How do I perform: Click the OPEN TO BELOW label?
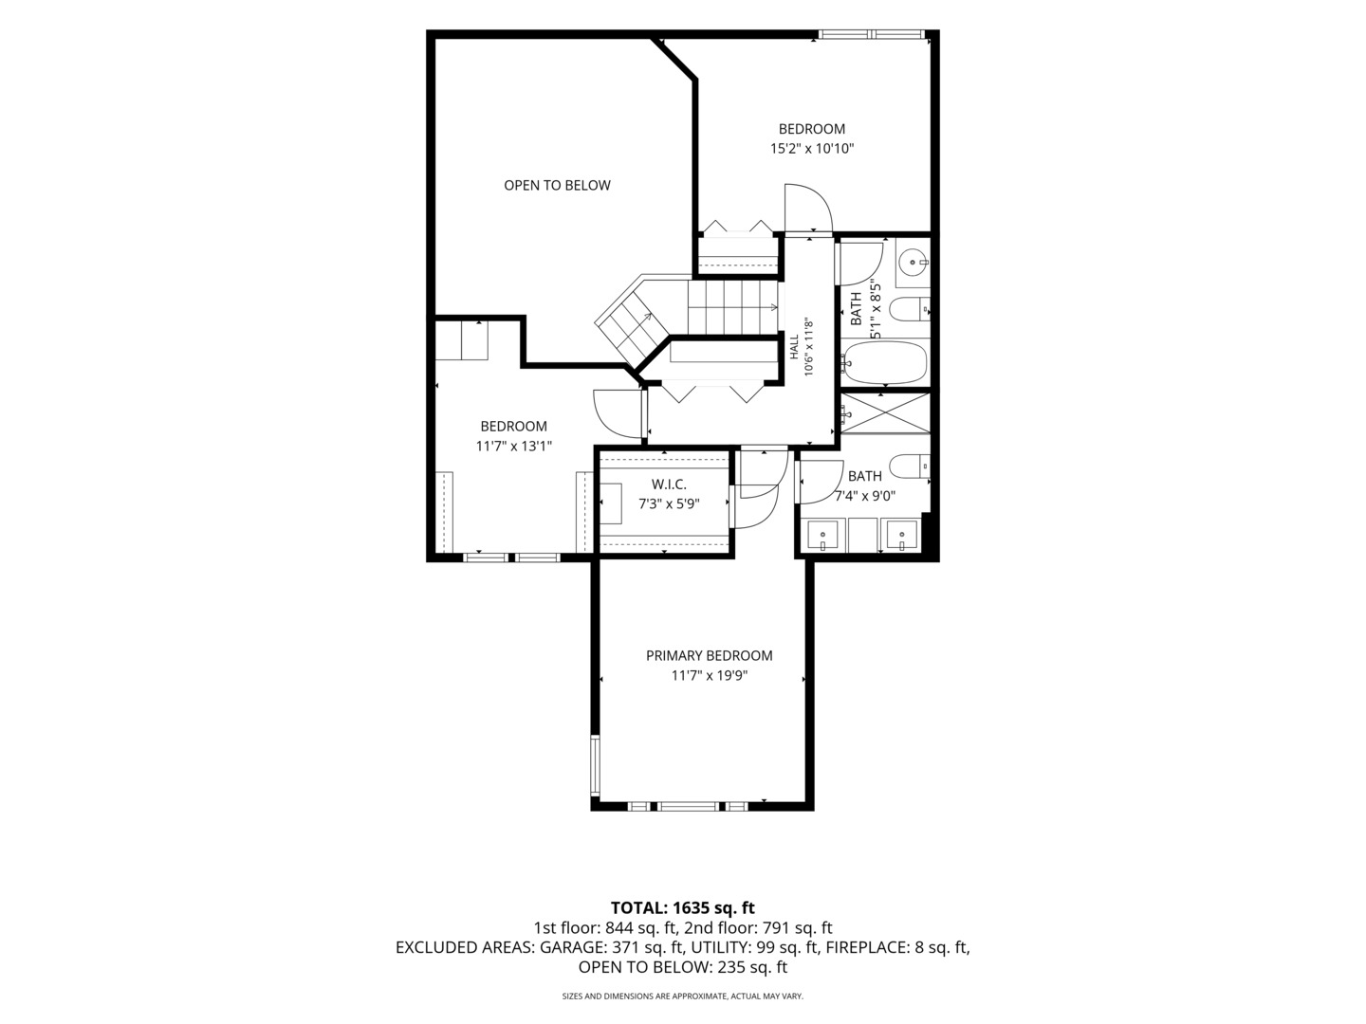pyautogui.click(x=557, y=185)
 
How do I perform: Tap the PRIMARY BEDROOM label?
pyautogui.click(x=709, y=655)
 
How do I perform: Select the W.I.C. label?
pyautogui.click(x=669, y=484)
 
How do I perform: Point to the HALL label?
pyautogui.click(x=795, y=347)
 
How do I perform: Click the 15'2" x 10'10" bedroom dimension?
pyautogui.click(x=811, y=149)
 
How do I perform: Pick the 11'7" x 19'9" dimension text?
pyautogui.click(x=709, y=675)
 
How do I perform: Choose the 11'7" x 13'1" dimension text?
pyautogui.click(x=514, y=446)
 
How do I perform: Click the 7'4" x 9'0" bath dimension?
pyautogui.click(x=864, y=496)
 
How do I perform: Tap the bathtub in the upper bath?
pyautogui.click(x=884, y=362)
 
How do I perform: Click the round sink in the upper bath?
pyautogui.click(x=913, y=263)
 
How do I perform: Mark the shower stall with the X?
pyautogui.click(x=884, y=412)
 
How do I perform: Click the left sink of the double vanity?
pyautogui.click(x=823, y=537)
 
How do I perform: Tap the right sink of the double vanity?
pyautogui.click(x=902, y=537)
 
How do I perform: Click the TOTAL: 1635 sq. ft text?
pyautogui.click(x=683, y=907)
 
